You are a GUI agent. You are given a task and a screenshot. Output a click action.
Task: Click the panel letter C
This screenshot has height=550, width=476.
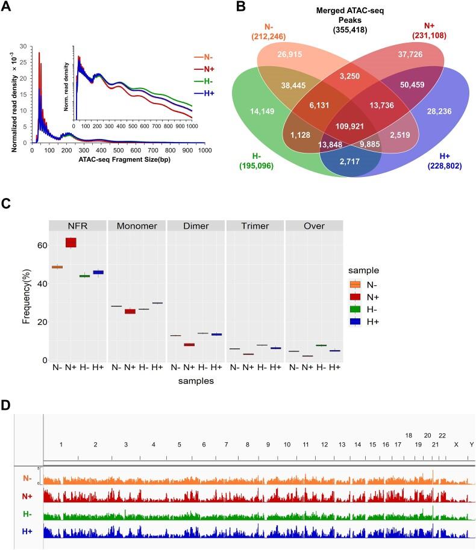point(6,202)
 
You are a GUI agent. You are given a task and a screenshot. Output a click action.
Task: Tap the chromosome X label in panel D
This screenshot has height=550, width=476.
point(456,444)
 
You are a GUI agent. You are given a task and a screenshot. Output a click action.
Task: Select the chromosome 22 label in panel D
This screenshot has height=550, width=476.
point(442,435)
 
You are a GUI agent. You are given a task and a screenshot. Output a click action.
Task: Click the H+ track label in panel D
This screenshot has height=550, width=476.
point(27,531)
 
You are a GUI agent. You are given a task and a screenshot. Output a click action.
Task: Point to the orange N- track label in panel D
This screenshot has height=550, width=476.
point(27,479)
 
